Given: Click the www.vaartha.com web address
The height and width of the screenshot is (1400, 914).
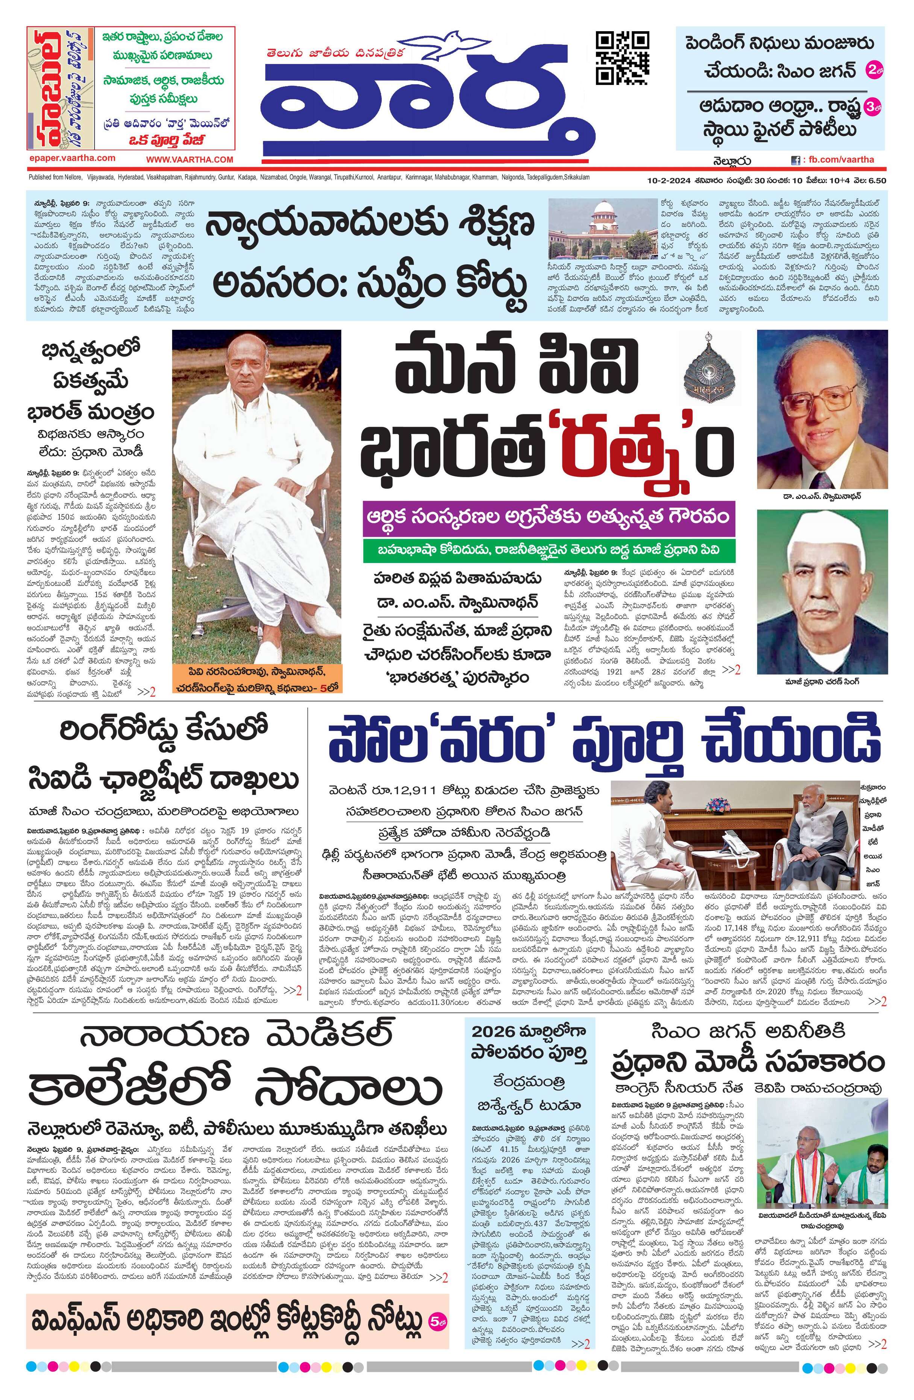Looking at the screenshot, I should [189, 159].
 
